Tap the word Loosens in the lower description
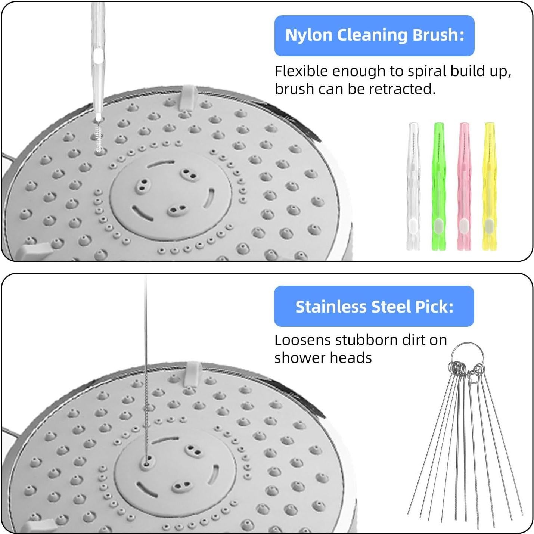(x=302, y=340)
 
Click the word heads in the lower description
(x=353, y=358)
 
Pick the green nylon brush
(x=438, y=187)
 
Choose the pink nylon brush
(x=464, y=187)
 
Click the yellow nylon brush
(x=489, y=187)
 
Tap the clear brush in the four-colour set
(x=413, y=187)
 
